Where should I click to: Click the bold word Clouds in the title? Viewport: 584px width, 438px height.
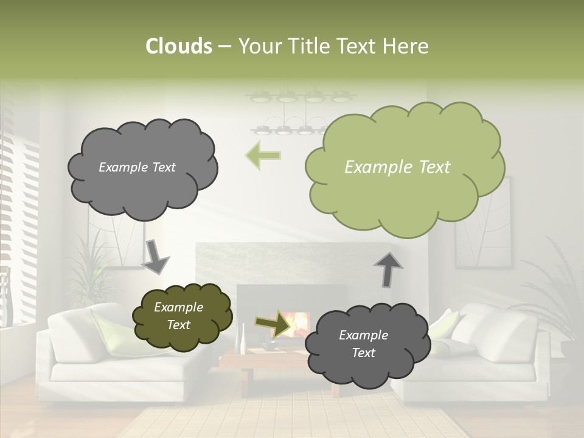pos(179,46)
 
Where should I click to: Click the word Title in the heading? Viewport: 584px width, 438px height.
pos(309,46)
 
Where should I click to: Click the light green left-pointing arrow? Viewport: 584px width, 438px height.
pos(263,156)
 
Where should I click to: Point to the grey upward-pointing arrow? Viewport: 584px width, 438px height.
pos(388,269)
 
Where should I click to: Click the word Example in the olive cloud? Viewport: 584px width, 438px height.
pos(178,307)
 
